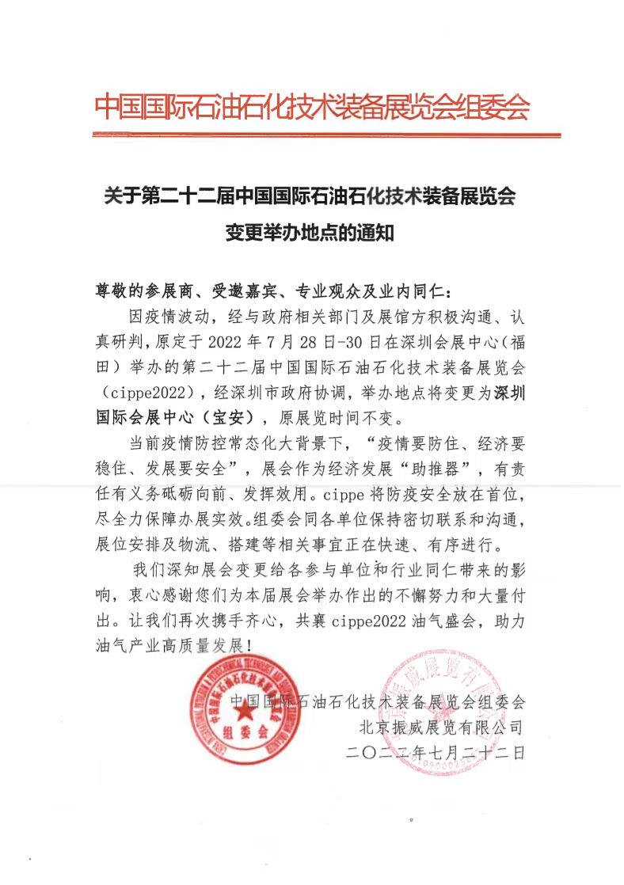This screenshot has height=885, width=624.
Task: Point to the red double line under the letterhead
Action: pos(311,135)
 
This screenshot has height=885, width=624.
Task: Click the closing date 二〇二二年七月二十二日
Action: pos(435,753)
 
